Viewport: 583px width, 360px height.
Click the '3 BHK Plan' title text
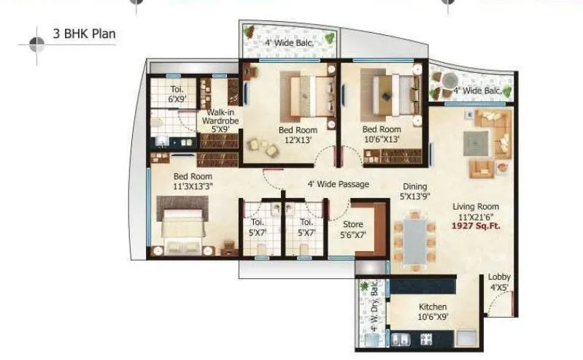[84, 33]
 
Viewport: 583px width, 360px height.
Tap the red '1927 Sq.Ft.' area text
[478, 227]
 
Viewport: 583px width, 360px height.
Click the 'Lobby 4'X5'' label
[500, 283]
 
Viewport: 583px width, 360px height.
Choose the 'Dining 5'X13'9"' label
[414, 191]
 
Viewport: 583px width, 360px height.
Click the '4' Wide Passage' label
[337, 184]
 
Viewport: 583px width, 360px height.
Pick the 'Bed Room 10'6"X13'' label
[382, 135]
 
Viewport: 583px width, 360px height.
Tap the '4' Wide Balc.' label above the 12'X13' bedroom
[290, 43]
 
